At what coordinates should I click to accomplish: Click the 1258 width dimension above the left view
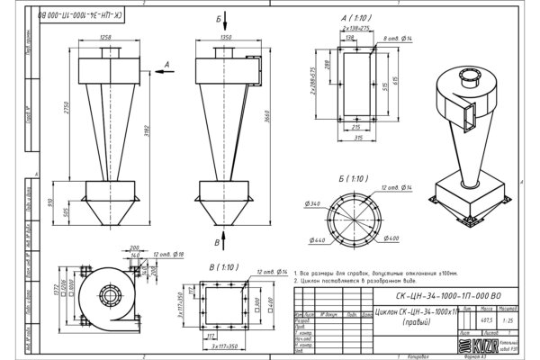point(106,37)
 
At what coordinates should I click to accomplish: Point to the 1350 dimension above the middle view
point(226,37)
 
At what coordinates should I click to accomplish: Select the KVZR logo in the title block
point(468,346)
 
